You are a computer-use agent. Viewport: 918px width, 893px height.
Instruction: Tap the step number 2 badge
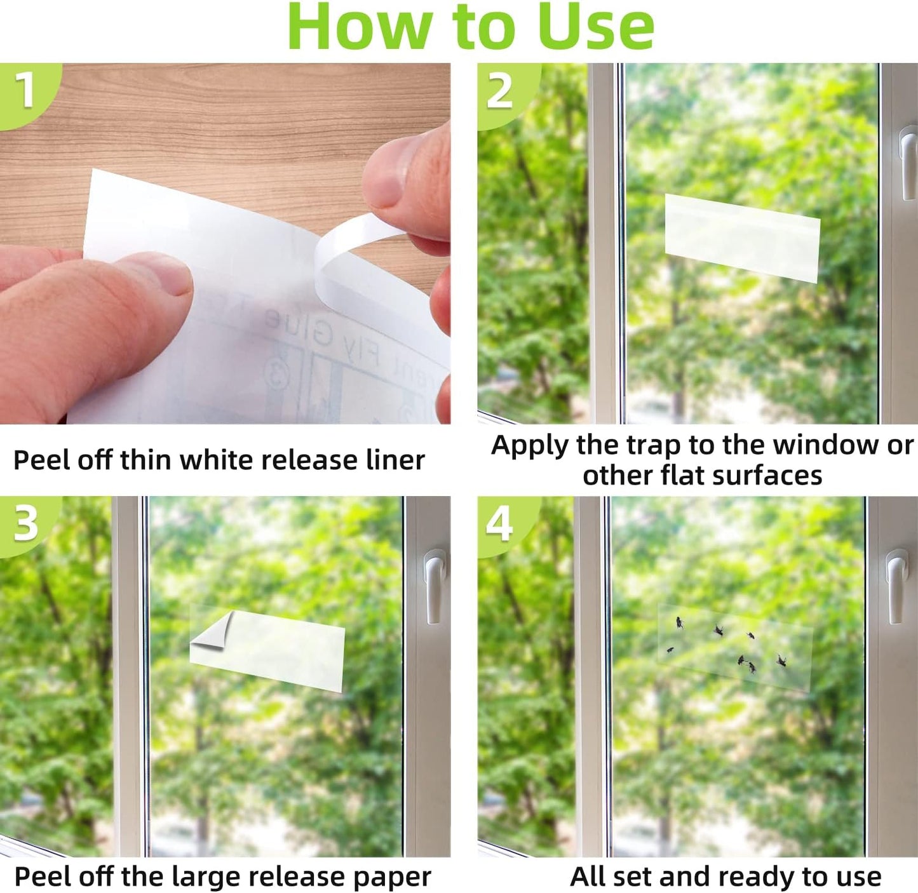(x=500, y=91)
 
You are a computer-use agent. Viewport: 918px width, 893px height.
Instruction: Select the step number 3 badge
(x=25, y=524)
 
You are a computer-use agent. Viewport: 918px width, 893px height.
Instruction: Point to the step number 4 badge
(x=499, y=525)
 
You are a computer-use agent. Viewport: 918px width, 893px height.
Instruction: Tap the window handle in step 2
(x=908, y=162)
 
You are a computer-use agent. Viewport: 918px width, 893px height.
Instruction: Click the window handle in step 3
(x=435, y=584)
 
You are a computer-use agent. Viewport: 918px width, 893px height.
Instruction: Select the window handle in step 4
(x=896, y=584)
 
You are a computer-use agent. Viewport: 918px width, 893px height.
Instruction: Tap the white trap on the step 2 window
(x=742, y=238)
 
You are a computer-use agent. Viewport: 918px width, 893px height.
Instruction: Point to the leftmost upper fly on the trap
(x=679, y=622)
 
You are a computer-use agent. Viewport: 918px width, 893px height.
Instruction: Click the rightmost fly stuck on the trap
(x=781, y=661)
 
